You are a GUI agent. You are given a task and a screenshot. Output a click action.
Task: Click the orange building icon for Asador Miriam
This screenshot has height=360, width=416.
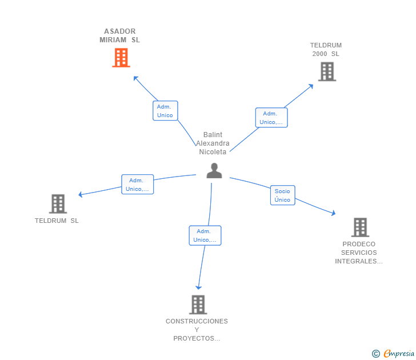121,58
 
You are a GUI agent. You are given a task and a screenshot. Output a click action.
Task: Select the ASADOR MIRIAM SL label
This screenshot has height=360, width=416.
119,35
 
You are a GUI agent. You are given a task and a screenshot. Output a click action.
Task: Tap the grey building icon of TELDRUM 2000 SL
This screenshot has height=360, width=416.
327,71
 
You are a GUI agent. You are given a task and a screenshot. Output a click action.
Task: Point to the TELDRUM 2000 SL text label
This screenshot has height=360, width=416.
326,50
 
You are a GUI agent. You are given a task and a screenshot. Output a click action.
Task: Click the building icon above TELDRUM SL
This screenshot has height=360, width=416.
58,204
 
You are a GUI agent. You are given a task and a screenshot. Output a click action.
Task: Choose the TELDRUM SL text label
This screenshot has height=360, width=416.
57,221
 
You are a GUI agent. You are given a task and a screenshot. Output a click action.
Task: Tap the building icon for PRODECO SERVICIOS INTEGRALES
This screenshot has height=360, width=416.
360,227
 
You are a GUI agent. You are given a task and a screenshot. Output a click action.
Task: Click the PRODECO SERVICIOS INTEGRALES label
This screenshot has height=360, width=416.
359,253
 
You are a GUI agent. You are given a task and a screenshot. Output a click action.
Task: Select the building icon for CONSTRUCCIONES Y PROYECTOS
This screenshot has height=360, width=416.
198,305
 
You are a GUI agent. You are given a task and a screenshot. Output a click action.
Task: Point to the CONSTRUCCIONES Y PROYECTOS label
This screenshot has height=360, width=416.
197,330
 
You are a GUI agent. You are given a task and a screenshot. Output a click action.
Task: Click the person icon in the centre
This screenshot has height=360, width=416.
214,171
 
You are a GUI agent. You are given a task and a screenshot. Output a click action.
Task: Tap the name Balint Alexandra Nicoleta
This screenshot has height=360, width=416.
213,143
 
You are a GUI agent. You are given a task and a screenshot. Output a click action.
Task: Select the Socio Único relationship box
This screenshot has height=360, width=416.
282,195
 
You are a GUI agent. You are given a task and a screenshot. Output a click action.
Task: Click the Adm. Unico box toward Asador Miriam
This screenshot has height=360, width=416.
165,111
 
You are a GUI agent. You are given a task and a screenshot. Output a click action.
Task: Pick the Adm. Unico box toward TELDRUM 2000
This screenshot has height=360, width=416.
271,118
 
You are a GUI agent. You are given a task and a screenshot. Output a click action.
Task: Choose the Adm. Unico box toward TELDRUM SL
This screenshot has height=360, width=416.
137,185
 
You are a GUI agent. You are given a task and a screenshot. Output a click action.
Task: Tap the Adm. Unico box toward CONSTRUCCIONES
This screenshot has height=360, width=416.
205,235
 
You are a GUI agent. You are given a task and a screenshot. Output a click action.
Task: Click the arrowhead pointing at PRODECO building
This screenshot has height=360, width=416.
333,213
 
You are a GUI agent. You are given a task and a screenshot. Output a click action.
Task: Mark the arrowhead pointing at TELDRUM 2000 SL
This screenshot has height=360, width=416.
311,86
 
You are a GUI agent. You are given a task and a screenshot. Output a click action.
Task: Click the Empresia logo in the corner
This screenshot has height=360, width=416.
393,354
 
